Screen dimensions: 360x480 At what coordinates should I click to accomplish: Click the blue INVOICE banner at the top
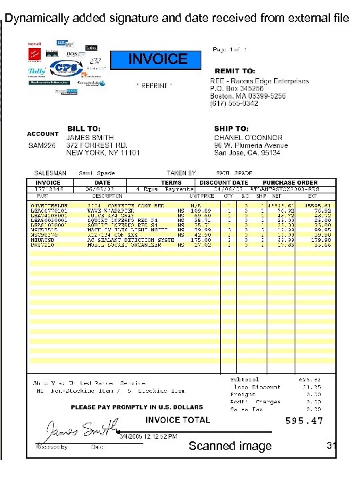click(158, 59)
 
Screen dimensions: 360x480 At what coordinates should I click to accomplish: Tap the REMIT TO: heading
click(235, 71)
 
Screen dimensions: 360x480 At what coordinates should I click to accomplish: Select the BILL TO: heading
click(84, 128)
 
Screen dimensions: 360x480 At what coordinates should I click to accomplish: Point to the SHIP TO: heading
click(231, 128)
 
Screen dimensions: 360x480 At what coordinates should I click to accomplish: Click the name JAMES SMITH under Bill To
click(89, 137)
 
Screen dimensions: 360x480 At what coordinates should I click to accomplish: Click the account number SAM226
click(41, 145)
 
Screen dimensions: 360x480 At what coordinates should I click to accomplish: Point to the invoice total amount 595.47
click(304, 421)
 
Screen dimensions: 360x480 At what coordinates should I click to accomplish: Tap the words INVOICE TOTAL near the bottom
click(177, 419)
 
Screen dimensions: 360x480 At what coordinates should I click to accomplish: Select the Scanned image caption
click(230, 446)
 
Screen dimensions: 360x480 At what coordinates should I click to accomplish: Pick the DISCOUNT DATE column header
click(224, 183)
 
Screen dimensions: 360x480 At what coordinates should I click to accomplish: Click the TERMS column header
click(171, 183)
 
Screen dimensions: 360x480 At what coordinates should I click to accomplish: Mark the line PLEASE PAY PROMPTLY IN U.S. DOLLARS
click(137, 407)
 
